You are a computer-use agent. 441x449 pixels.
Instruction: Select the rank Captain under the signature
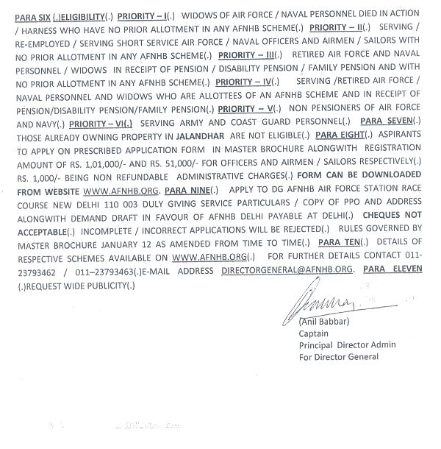[x=314, y=333]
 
